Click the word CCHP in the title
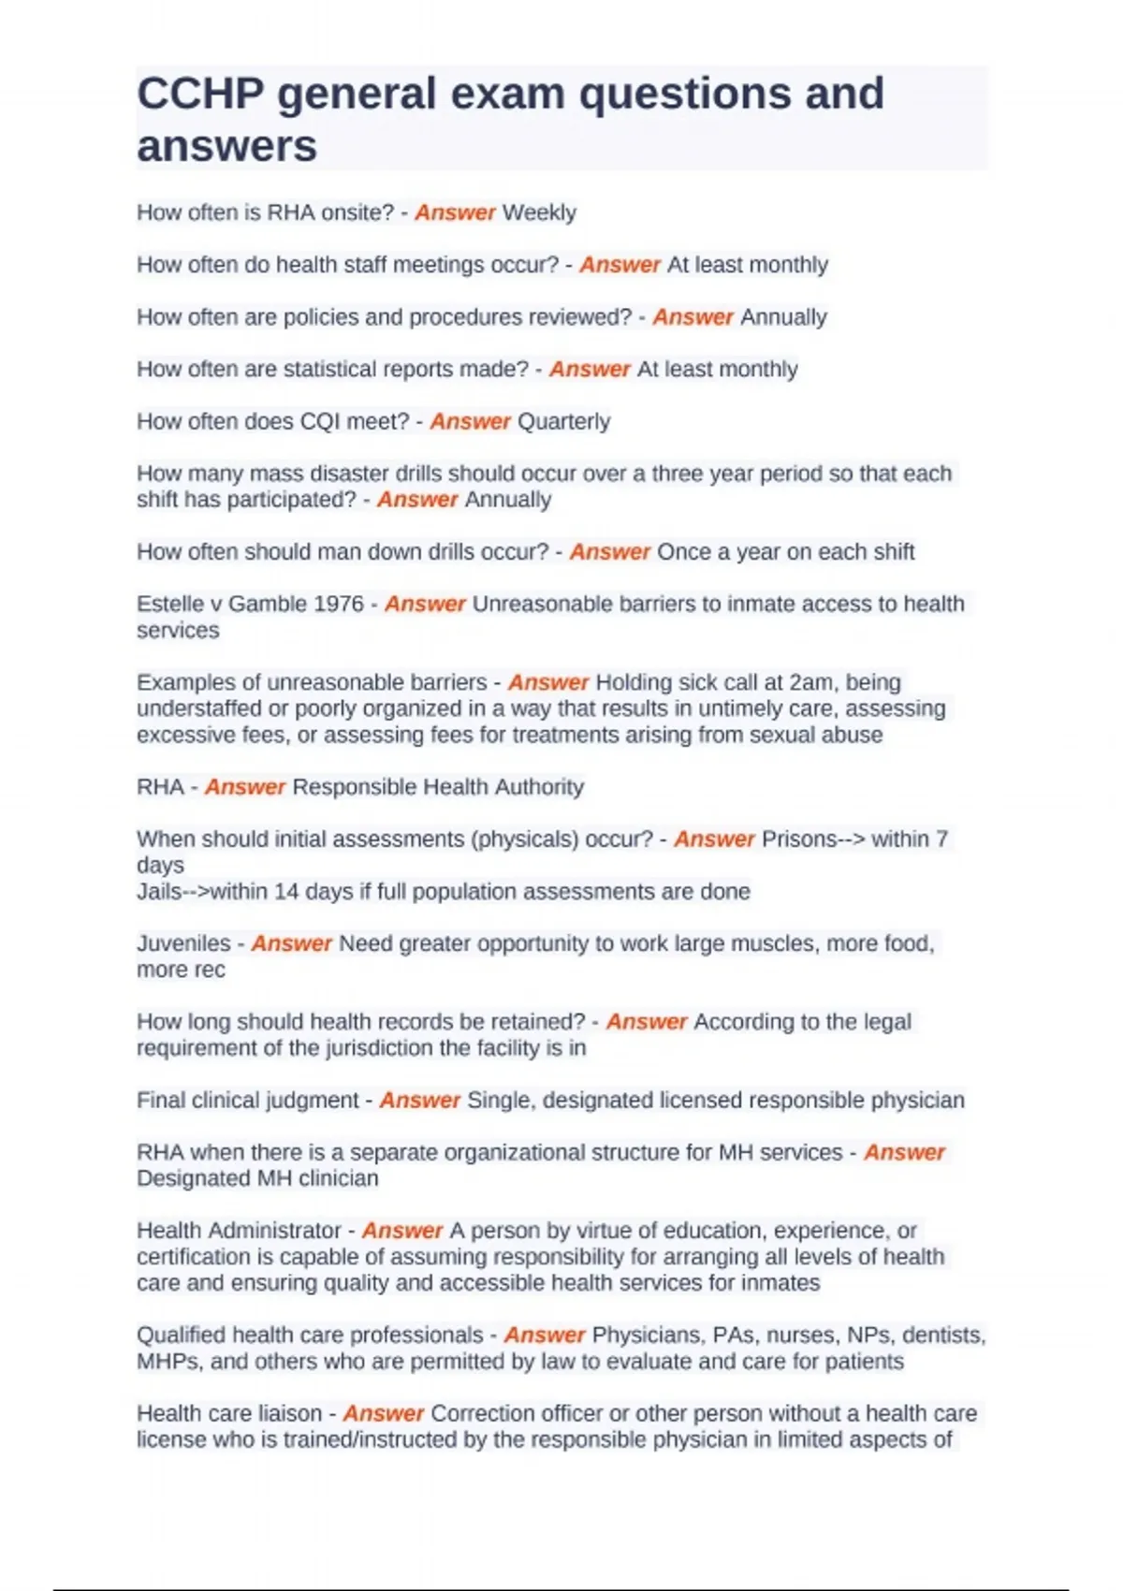tap(200, 94)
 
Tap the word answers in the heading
tap(226, 146)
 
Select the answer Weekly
tap(539, 213)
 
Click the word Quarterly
tap(563, 422)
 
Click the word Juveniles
tap(183, 943)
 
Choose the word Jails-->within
tap(202, 892)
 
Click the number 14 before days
tap(286, 892)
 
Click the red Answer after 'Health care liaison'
tap(384, 1413)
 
